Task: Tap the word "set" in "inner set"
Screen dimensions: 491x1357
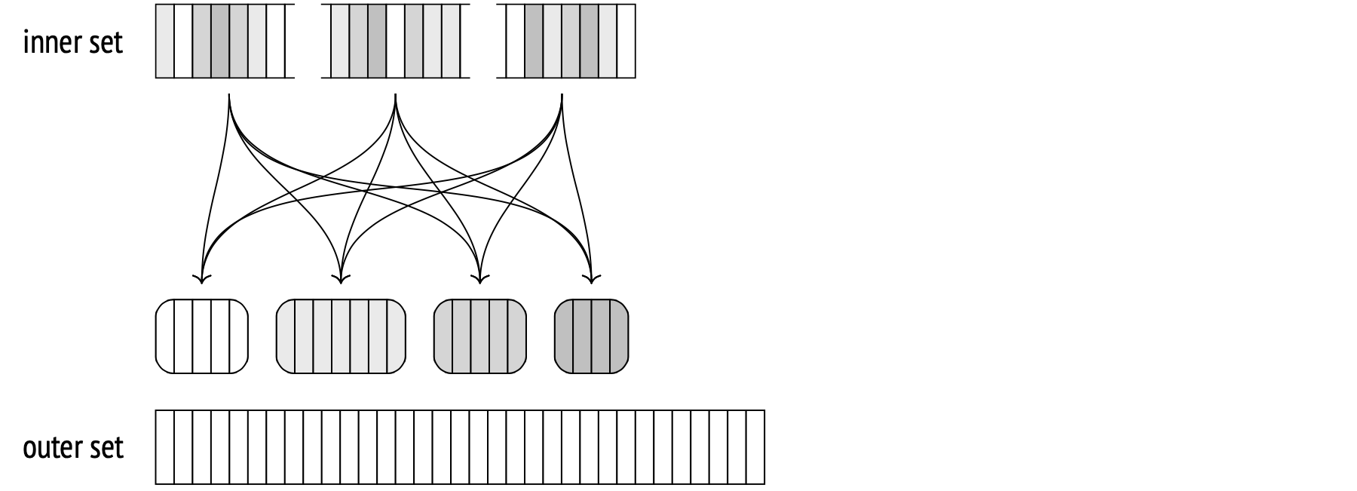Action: (x=106, y=42)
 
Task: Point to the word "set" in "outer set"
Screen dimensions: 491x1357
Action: (x=106, y=448)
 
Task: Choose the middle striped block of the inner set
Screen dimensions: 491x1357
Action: (x=395, y=41)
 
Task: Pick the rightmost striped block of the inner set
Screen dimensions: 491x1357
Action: (x=570, y=41)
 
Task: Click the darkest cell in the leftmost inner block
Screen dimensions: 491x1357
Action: (x=220, y=41)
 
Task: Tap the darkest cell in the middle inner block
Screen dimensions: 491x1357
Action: (x=377, y=41)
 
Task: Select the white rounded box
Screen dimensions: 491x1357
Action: (x=201, y=336)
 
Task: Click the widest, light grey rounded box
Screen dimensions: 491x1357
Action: (x=341, y=336)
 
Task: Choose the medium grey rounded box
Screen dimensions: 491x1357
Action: (x=480, y=336)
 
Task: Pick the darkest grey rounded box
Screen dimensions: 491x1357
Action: (x=591, y=336)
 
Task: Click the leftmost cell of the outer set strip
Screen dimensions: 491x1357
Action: (x=165, y=447)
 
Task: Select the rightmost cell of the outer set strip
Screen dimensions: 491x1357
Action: (x=756, y=447)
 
